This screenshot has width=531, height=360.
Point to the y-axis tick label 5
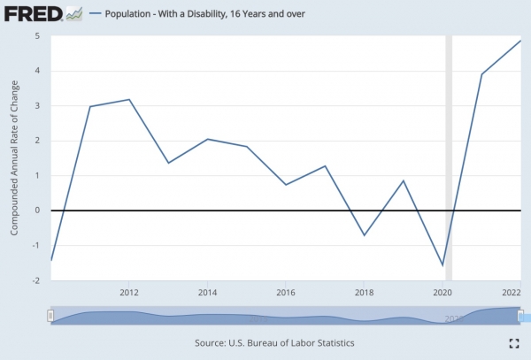(38, 36)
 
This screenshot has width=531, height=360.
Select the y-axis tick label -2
(36, 280)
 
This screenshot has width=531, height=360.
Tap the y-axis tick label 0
(38, 211)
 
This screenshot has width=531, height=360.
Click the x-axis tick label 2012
(129, 292)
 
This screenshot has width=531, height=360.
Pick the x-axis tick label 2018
(364, 292)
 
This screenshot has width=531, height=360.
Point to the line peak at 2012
(129, 99)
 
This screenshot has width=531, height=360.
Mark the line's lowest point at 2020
(442, 265)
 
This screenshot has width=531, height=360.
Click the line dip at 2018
(364, 235)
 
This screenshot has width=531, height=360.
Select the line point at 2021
(481, 73)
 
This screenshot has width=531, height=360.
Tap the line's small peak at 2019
(404, 180)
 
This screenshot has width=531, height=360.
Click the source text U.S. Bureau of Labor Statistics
(265, 342)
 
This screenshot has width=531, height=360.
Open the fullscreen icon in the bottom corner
(513, 343)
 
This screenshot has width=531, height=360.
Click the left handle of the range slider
(51, 316)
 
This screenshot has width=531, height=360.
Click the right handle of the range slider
(521, 316)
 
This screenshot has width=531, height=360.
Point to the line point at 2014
(207, 139)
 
